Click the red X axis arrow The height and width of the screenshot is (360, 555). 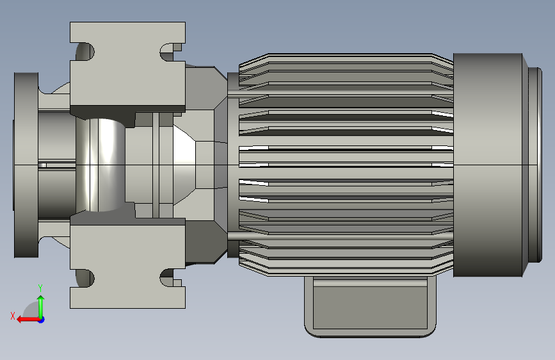point(29,320)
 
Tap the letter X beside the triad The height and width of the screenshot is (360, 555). point(13,316)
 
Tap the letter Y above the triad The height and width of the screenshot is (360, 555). point(40,288)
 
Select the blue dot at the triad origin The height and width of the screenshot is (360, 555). point(42,320)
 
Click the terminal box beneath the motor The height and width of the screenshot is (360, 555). point(370,307)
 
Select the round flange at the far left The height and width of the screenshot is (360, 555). point(26,165)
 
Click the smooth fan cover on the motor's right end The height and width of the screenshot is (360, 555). point(488,165)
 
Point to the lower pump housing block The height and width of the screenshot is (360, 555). point(127,261)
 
